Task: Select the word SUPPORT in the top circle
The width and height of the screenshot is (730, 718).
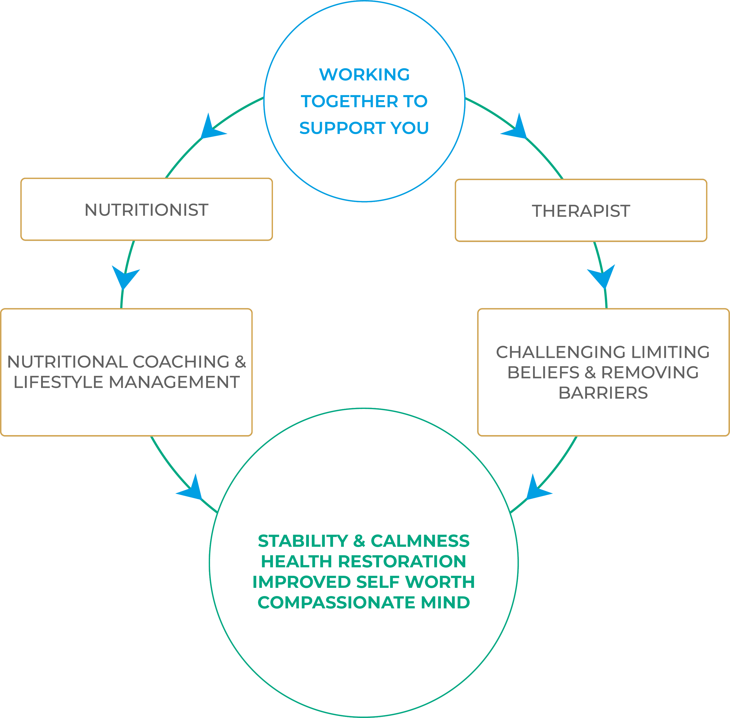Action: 342,128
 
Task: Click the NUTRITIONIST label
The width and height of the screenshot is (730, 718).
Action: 146,210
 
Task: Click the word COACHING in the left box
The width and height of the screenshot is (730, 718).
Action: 181,362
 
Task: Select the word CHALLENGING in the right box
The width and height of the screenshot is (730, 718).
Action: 561,352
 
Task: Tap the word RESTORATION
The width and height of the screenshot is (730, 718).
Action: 402,561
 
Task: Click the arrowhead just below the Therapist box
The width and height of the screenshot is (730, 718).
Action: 602,276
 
